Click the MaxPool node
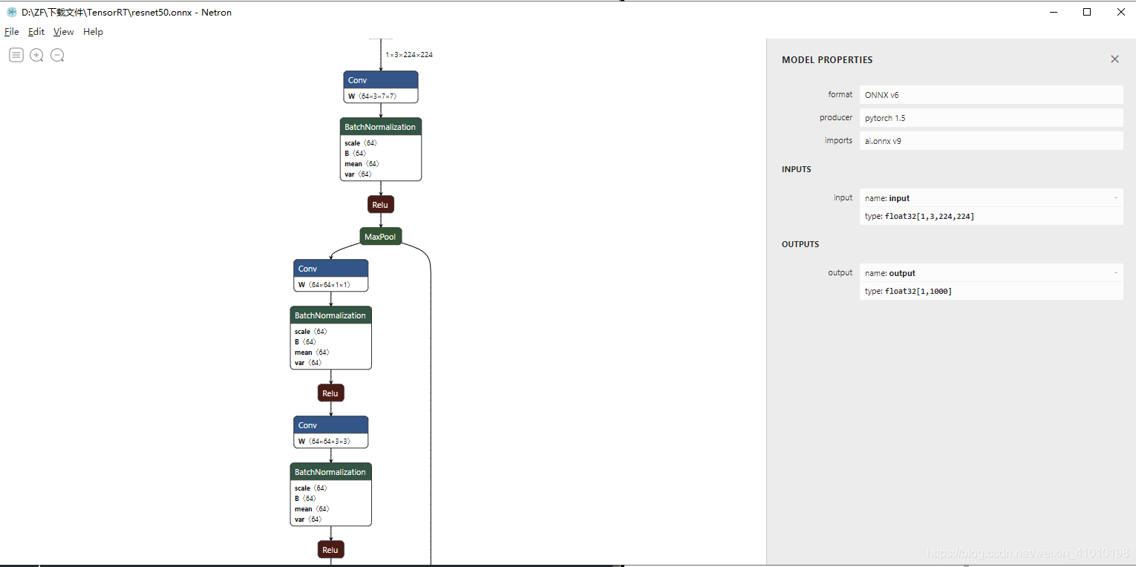(x=381, y=237)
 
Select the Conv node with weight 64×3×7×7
(x=381, y=80)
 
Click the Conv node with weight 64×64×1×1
(x=330, y=269)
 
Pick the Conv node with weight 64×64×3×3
(x=330, y=425)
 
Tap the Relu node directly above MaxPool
(x=380, y=205)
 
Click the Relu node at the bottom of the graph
(x=330, y=550)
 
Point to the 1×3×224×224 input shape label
(x=408, y=55)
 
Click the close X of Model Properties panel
(x=1114, y=59)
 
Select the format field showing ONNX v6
(x=990, y=95)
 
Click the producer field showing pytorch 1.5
(x=990, y=118)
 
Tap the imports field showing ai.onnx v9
(x=990, y=141)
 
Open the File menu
(x=12, y=32)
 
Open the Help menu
(x=93, y=32)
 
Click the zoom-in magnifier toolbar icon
(x=36, y=55)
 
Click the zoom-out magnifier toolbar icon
(x=57, y=55)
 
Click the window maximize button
(x=1087, y=12)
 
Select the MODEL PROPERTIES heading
(x=827, y=60)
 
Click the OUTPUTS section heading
(x=800, y=244)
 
